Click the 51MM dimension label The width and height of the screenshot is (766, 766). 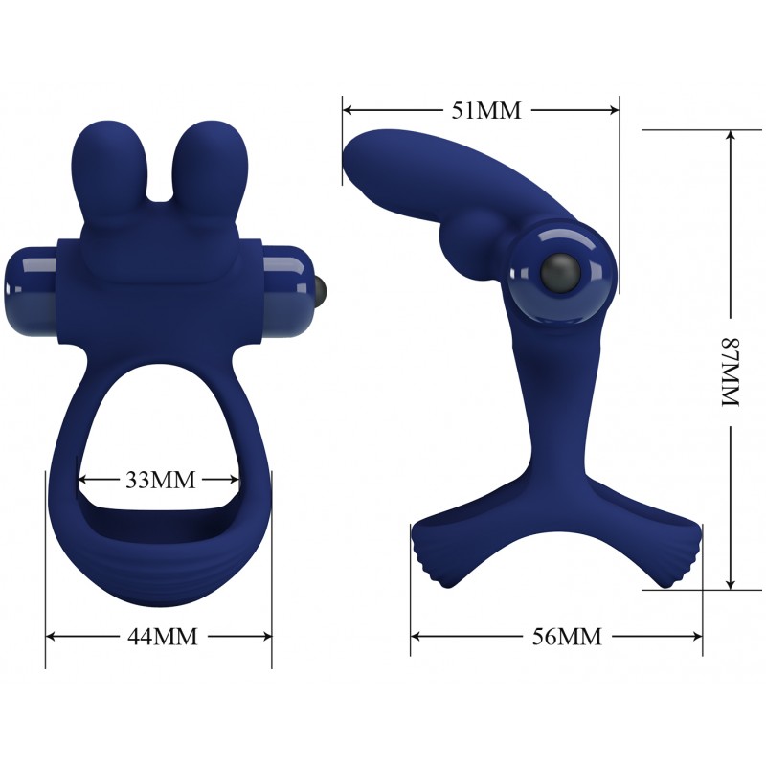click(x=486, y=110)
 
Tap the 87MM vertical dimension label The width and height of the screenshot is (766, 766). click(x=732, y=372)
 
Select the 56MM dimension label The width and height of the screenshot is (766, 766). click(x=567, y=637)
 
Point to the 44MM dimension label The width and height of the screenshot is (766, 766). click(x=163, y=637)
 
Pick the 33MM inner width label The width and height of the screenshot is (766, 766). click(x=160, y=481)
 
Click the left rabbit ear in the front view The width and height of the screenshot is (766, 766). click(x=109, y=169)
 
